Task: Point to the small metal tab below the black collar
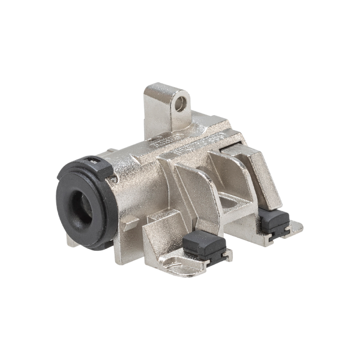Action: pyautogui.click(x=71, y=241)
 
